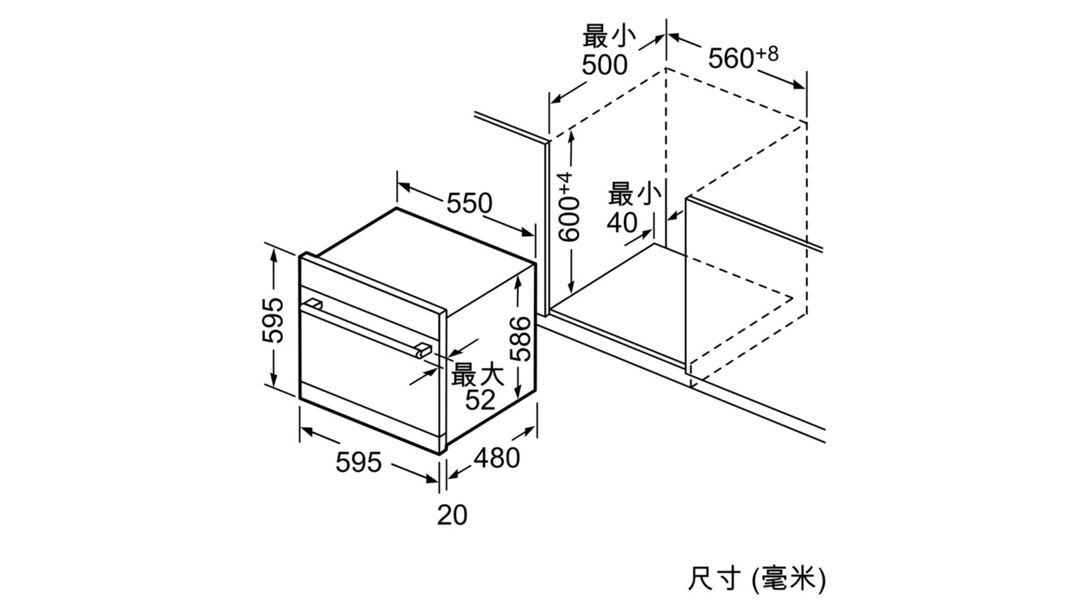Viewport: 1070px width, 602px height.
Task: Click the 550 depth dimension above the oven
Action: point(469,203)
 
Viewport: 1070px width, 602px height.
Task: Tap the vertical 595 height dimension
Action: point(273,320)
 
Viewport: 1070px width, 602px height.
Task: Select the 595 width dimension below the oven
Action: point(358,462)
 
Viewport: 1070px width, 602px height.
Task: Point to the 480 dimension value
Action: point(496,458)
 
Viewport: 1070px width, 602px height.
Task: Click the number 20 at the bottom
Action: point(452,515)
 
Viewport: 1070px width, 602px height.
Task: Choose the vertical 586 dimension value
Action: point(520,338)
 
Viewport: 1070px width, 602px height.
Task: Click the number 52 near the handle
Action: point(480,400)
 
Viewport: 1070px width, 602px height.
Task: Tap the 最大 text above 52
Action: point(477,374)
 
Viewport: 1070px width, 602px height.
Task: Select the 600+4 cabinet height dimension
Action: point(569,207)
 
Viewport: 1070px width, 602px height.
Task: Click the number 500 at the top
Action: point(605,65)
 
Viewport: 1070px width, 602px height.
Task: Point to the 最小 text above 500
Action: point(609,37)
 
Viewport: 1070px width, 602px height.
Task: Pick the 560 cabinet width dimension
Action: point(731,58)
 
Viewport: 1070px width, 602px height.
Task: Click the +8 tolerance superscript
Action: point(767,54)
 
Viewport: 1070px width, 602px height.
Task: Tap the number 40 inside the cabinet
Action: point(622,223)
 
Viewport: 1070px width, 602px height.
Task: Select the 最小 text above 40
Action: point(635,194)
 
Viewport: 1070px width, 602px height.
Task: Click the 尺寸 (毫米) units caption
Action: point(756,579)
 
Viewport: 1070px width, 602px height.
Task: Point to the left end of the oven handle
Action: point(314,304)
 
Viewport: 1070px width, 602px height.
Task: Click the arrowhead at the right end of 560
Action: point(798,85)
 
